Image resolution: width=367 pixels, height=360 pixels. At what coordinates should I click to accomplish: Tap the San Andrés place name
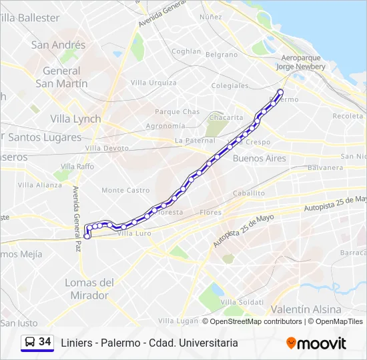pyautogui.click(x=58, y=45)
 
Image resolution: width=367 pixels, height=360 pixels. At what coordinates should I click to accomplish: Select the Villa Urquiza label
pyautogui.click(x=153, y=83)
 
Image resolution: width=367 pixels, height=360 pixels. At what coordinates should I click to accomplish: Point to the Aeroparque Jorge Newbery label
pyautogui.click(x=300, y=63)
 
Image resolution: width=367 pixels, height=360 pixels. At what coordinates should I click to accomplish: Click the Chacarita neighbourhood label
pyautogui.click(x=226, y=117)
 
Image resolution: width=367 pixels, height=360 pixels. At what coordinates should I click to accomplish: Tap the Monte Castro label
pyautogui.click(x=125, y=191)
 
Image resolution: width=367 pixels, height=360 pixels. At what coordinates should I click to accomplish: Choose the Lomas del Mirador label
pyautogui.click(x=89, y=288)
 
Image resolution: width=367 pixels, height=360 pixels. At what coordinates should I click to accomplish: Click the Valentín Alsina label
pyautogui.click(x=306, y=309)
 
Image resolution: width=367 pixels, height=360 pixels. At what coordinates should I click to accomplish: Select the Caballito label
pyautogui.click(x=249, y=193)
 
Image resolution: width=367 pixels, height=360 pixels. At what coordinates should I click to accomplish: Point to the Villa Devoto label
pyautogui.click(x=107, y=148)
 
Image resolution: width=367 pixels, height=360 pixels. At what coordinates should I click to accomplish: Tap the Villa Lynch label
pyautogui.click(x=75, y=119)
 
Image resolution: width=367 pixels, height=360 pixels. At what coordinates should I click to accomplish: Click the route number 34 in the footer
pyautogui.click(x=45, y=342)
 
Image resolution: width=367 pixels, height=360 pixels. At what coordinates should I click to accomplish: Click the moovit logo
pyautogui.click(x=316, y=343)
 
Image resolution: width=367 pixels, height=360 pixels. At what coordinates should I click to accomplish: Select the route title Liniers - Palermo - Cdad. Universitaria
pyautogui.click(x=149, y=343)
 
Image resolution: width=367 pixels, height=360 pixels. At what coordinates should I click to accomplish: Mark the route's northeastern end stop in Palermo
pyautogui.click(x=280, y=92)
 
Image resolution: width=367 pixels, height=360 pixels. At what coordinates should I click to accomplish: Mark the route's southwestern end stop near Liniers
pyautogui.click(x=87, y=235)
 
